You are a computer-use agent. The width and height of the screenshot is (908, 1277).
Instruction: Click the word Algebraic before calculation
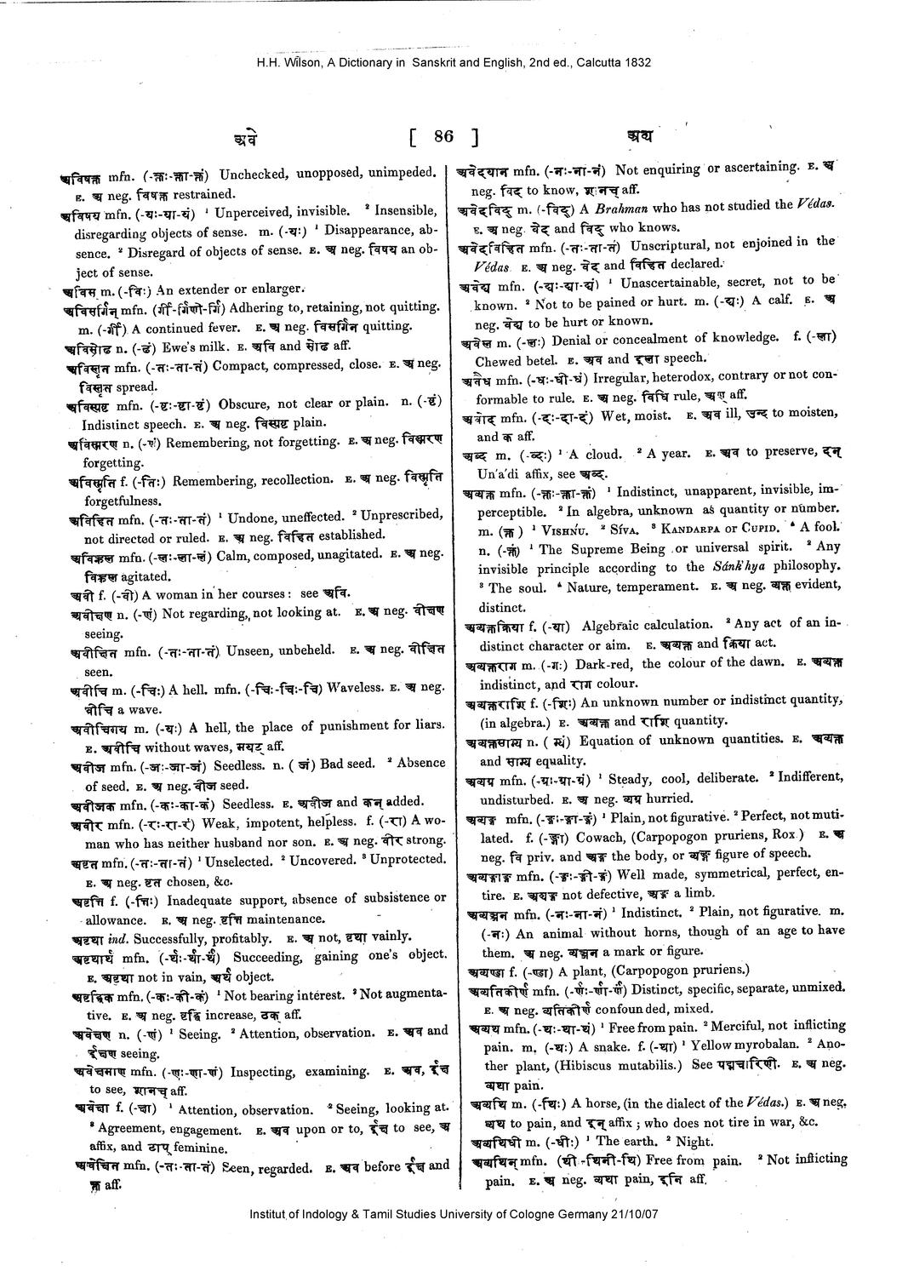click(620, 624)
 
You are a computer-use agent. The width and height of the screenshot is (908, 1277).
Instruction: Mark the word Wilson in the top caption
click(302, 61)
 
